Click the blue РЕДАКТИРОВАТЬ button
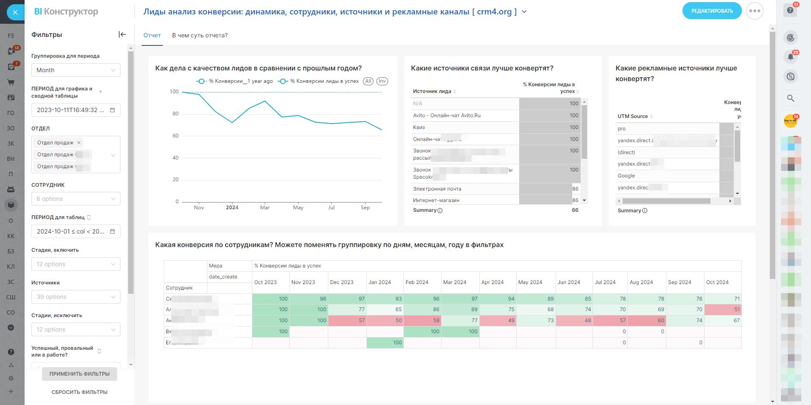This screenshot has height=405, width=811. pos(712,11)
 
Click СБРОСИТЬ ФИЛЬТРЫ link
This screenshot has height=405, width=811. pos(79,392)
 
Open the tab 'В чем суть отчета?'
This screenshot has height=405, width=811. pos(200,35)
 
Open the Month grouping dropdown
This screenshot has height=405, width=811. pos(76,70)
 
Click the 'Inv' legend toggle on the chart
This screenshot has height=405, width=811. pos(382,81)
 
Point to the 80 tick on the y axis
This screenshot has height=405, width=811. pos(174,114)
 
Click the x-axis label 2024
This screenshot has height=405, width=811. pos(232,208)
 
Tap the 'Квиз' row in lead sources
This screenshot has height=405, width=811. pos(419,127)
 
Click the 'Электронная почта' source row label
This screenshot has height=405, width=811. pos(437,189)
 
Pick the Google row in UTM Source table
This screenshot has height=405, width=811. pos(626,176)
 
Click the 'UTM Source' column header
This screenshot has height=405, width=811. pos(632,116)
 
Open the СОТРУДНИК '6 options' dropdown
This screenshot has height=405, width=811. pos(76,199)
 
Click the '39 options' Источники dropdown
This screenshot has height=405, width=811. pos(76,297)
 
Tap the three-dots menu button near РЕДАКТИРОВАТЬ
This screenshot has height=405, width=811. pos(755,11)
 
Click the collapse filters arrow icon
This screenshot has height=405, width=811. pos(122,34)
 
